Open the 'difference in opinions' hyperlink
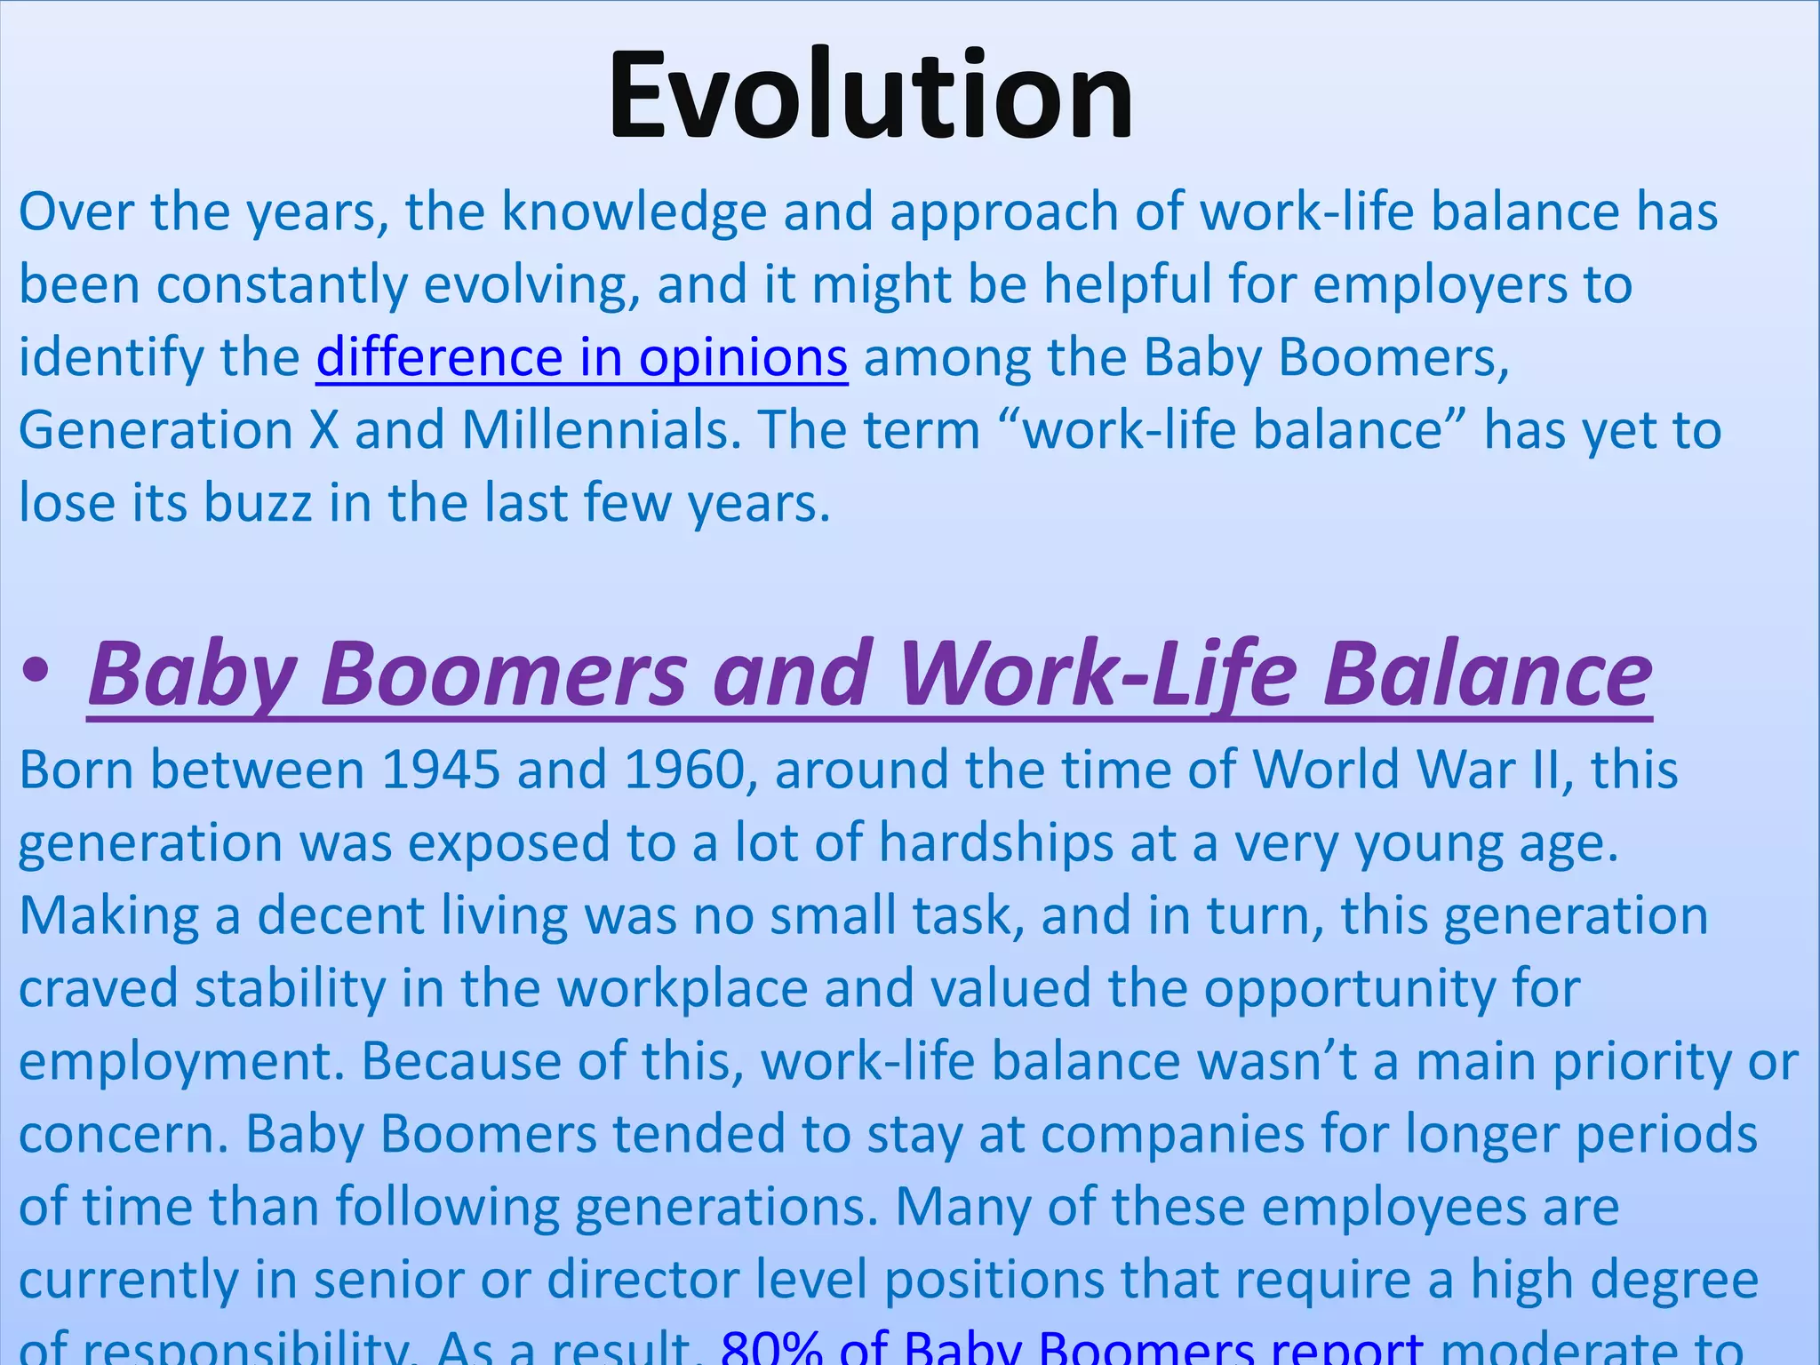coord(581,358)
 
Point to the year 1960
coord(684,770)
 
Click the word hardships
coord(995,842)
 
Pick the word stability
coord(291,988)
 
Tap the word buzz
coord(258,504)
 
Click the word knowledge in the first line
coord(634,212)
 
